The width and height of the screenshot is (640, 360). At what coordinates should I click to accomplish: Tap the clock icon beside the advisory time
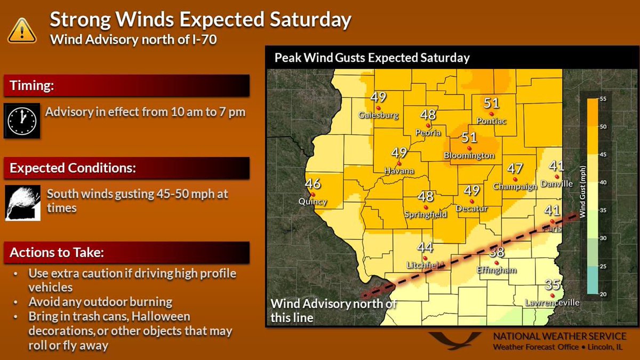tap(21, 121)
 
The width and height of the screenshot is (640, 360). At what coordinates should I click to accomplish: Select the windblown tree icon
tap(21, 203)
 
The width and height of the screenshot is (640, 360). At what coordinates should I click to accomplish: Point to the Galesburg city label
tap(379, 115)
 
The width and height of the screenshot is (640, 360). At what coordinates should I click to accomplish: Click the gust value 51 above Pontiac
tap(491, 103)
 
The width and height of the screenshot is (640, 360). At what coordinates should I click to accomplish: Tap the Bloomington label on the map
tap(469, 156)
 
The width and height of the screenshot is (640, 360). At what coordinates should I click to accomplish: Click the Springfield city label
tap(426, 214)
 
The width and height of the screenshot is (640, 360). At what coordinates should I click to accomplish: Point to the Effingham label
tap(497, 270)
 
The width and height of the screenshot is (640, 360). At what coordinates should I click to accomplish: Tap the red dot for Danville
tap(557, 177)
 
